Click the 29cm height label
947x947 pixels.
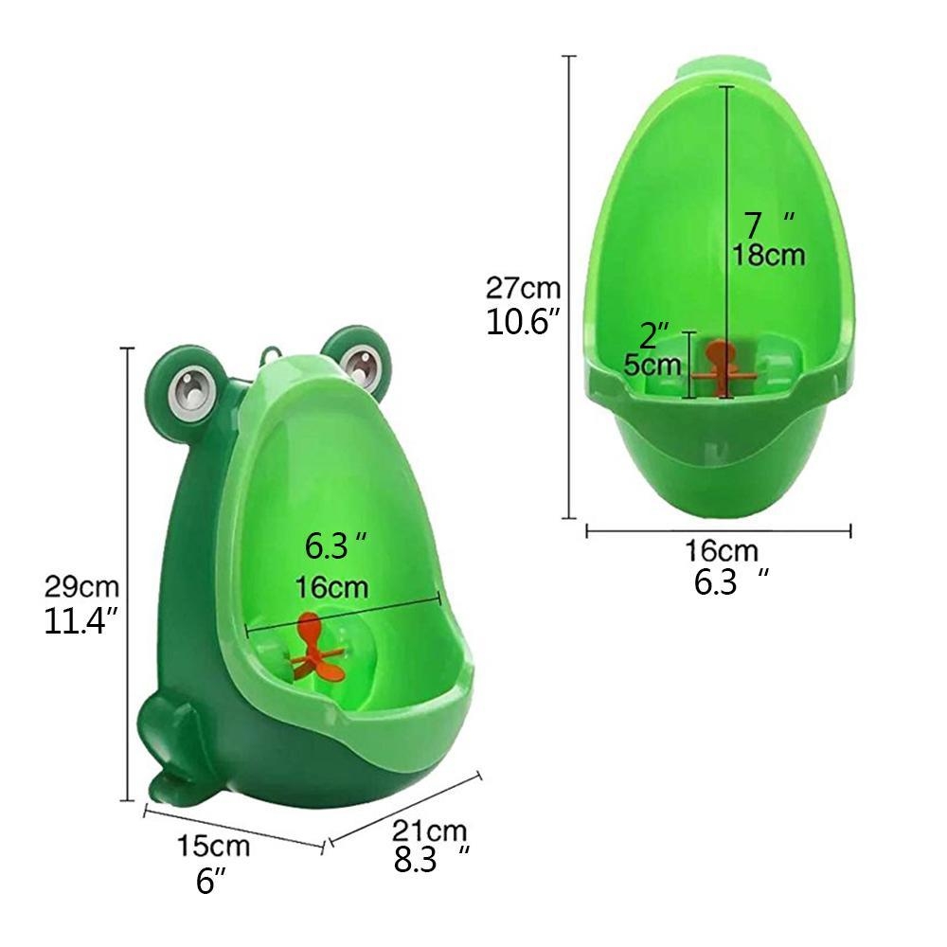(81, 587)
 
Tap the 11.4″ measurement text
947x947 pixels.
(80, 621)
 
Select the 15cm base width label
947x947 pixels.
(213, 846)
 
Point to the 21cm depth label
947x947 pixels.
(429, 831)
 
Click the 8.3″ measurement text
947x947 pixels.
(431, 860)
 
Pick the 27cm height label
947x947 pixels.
(523, 288)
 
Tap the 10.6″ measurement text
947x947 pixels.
(524, 321)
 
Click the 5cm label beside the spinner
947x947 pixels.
(652, 365)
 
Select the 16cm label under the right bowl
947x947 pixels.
(721, 551)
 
